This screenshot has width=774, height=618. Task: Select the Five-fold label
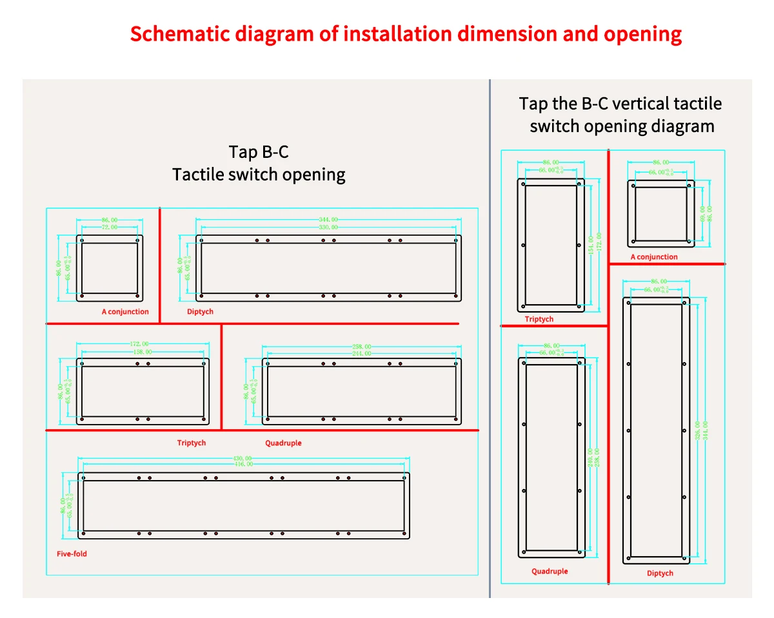[x=72, y=554]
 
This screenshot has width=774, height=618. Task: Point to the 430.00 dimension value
[x=243, y=458]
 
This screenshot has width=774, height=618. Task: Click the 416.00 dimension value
[x=243, y=464]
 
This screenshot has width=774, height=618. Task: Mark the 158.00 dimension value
[x=143, y=352]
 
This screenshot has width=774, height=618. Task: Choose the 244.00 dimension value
[x=362, y=353]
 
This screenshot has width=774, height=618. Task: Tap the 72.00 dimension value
[x=110, y=227]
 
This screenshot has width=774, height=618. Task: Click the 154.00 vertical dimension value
[x=591, y=245]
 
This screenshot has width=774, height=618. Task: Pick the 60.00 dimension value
[x=702, y=214]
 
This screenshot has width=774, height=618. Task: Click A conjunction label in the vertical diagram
[x=654, y=256]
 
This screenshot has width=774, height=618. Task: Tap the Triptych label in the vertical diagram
[x=539, y=319]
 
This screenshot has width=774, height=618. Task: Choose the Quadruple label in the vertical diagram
[x=550, y=571]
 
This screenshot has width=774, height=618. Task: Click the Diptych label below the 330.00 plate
[x=200, y=311]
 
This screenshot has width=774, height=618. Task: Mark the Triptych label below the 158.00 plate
[x=192, y=443]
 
